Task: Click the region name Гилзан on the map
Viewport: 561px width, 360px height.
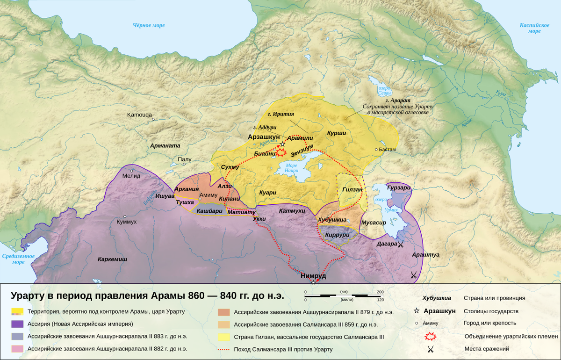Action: click(352, 189)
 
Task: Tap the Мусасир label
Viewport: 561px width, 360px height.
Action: click(374, 223)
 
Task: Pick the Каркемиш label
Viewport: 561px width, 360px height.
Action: click(112, 259)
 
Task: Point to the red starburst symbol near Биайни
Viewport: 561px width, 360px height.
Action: click(281, 152)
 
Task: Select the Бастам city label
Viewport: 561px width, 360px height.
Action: click(386, 149)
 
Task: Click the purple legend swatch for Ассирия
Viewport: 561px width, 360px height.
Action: click(18, 324)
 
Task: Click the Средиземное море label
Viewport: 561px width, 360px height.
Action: click(19, 259)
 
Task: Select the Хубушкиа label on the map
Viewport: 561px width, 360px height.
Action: click(332, 219)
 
